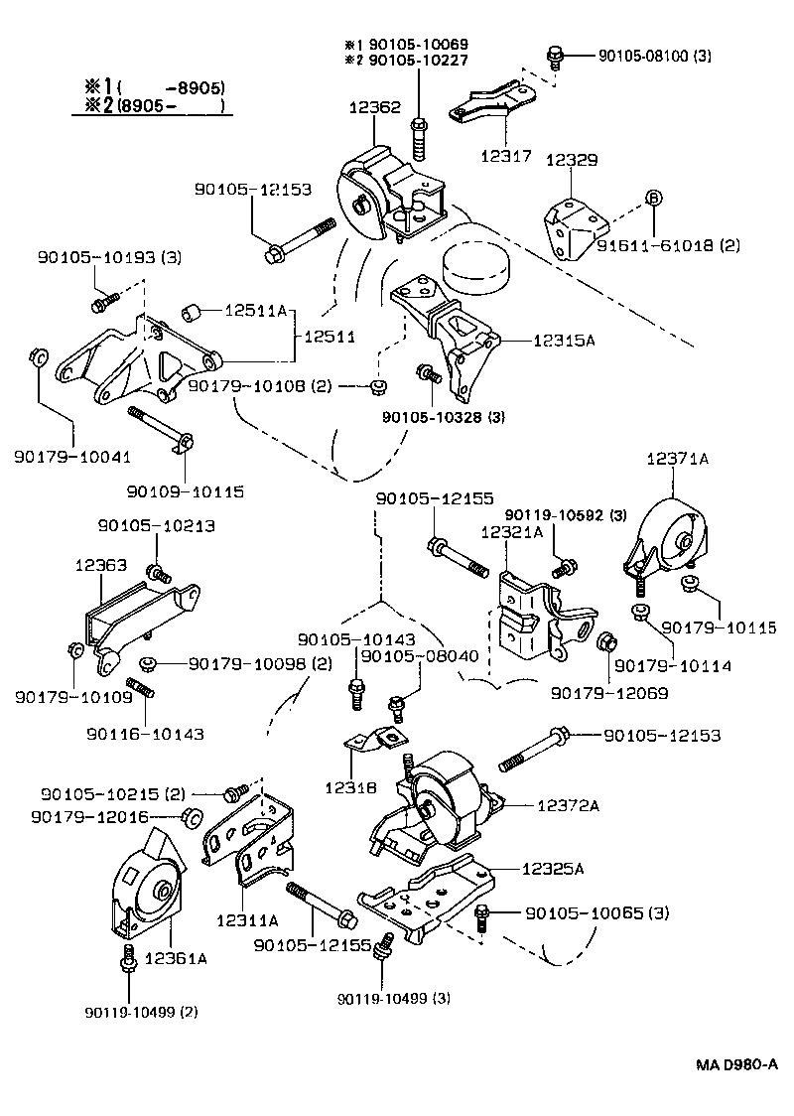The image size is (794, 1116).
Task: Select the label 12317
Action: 506,156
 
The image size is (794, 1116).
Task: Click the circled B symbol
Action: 654,198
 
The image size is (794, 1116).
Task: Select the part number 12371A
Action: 678,459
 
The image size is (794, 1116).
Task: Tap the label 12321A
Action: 511,533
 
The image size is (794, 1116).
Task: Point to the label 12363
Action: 100,564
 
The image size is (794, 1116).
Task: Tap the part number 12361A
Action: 176,958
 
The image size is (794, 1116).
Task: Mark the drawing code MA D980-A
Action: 734,1064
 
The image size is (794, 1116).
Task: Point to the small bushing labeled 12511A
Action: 194,315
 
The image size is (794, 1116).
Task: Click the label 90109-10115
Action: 186,490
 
